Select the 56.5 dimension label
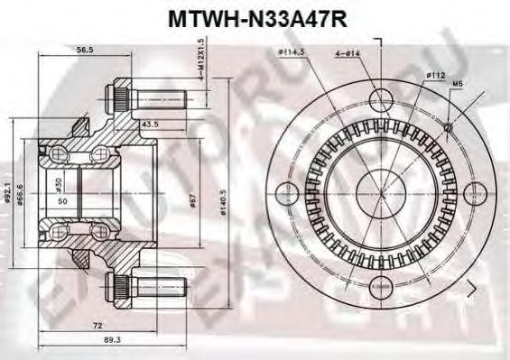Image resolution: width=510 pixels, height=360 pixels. click(87, 51)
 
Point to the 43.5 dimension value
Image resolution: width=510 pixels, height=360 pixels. click(152, 123)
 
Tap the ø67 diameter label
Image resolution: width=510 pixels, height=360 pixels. click(194, 200)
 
